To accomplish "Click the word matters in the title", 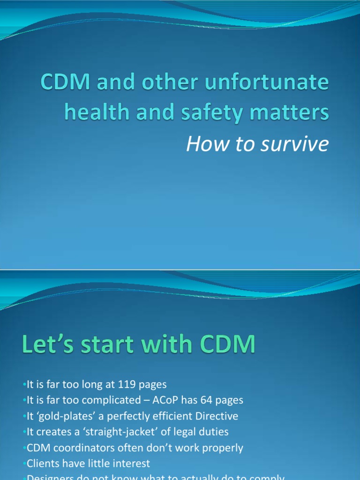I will (292, 112).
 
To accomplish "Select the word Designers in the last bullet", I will (47, 478).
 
